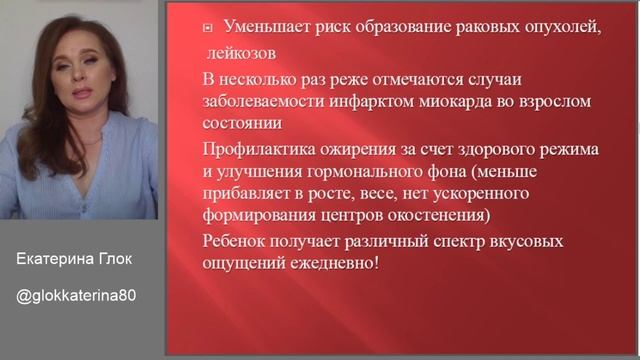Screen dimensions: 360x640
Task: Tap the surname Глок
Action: pyautogui.click(x=115, y=259)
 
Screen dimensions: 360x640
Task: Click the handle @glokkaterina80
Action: pyautogui.click(x=77, y=296)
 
